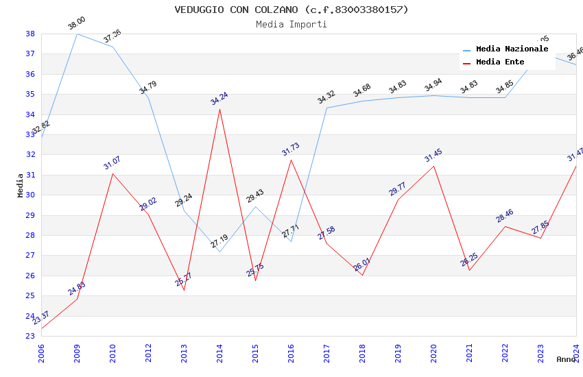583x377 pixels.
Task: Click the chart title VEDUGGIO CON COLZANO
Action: tap(291, 10)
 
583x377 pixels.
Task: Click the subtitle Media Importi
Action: tap(291, 24)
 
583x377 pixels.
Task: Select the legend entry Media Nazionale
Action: tap(512, 49)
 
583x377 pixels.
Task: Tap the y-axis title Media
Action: tap(21, 185)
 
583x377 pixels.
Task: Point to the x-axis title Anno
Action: tap(566, 359)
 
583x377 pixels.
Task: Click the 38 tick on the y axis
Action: tap(30, 34)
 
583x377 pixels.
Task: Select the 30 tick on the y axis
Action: tap(30, 195)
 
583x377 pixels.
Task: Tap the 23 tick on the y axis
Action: tap(30, 336)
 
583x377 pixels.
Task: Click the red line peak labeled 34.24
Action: tap(219, 109)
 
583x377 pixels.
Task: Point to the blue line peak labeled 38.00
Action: tap(77, 34)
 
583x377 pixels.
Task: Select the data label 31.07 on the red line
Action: tap(112, 162)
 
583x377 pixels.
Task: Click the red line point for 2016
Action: tap(291, 160)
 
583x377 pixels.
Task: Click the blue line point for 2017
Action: tap(326, 108)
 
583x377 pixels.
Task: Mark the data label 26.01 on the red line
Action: tap(361, 264)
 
